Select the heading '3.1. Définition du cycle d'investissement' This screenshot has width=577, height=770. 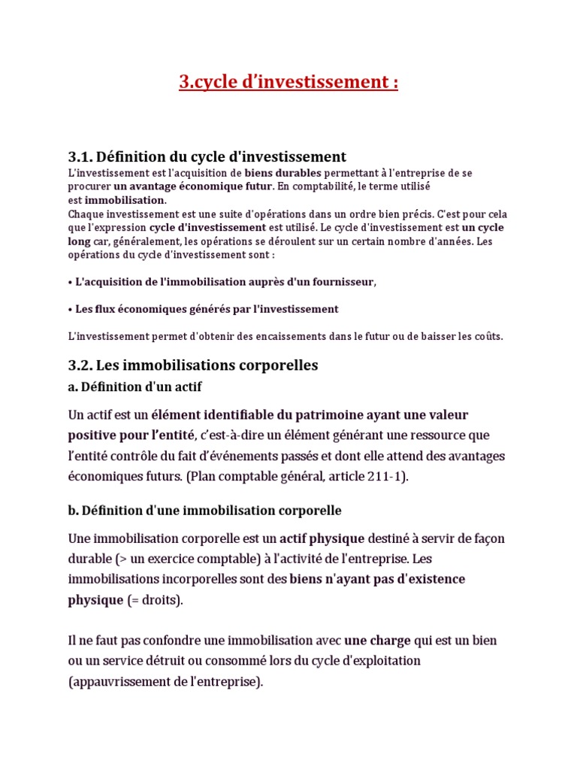207,156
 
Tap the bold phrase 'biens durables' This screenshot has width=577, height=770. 283,173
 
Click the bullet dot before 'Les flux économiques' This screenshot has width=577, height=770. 70,309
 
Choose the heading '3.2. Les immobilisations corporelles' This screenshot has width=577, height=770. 193,365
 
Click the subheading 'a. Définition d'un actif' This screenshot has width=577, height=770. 134,387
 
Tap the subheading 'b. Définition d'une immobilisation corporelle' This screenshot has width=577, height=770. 204,511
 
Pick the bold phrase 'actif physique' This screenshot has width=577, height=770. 322,538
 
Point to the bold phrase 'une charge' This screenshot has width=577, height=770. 377,641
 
